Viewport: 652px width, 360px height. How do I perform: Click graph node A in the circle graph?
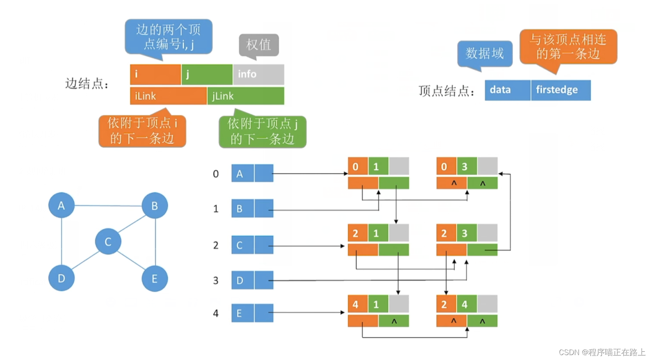click(61, 205)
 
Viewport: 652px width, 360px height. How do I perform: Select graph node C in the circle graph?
click(108, 242)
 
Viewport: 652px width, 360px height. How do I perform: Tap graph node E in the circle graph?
click(155, 279)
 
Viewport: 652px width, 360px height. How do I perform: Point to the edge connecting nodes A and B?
click(108, 205)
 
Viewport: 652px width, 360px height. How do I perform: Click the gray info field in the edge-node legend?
click(258, 74)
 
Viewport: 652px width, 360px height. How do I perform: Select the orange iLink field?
click(168, 96)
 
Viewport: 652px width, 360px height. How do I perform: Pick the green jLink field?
click(246, 96)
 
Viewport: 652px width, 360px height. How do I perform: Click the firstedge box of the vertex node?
click(560, 90)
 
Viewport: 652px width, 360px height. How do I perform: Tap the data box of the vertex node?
click(507, 90)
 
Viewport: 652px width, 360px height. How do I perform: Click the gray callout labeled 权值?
click(259, 45)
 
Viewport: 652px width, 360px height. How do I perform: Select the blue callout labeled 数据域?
click(485, 53)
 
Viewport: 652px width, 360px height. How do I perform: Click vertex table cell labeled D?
click(242, 280)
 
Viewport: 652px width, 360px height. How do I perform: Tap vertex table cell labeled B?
click(242, 209)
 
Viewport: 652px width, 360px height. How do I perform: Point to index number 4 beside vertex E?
click(216, 314)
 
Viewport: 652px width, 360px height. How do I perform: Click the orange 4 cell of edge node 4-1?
click(358, 304)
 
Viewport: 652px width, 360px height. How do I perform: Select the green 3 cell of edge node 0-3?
click(467, 166)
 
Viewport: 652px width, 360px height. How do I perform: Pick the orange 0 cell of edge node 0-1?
click(358, 166)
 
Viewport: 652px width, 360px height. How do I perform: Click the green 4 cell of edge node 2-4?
click(467, 304)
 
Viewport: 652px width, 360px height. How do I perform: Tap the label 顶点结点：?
click(446, 91)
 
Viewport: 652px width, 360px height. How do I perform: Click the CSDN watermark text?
click(602, 352)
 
